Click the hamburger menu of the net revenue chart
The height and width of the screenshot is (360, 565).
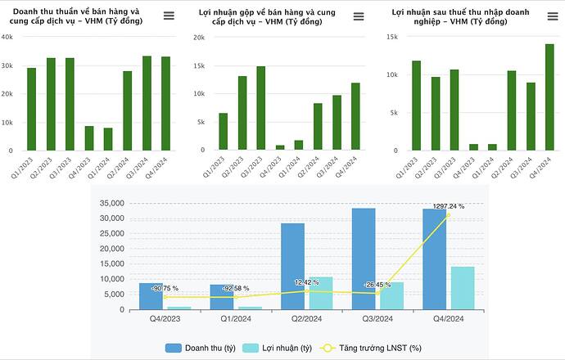coord(169,16)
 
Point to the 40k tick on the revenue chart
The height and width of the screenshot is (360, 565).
coord(7,37)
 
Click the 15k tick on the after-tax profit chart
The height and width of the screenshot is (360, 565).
coord(391,37)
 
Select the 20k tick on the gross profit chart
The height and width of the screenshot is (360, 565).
coord(199,37)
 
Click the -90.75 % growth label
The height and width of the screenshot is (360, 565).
coord(164,289)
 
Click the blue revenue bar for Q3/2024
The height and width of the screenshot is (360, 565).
coord(364,259)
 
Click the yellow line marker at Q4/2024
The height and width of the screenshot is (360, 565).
coord(448,214)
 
